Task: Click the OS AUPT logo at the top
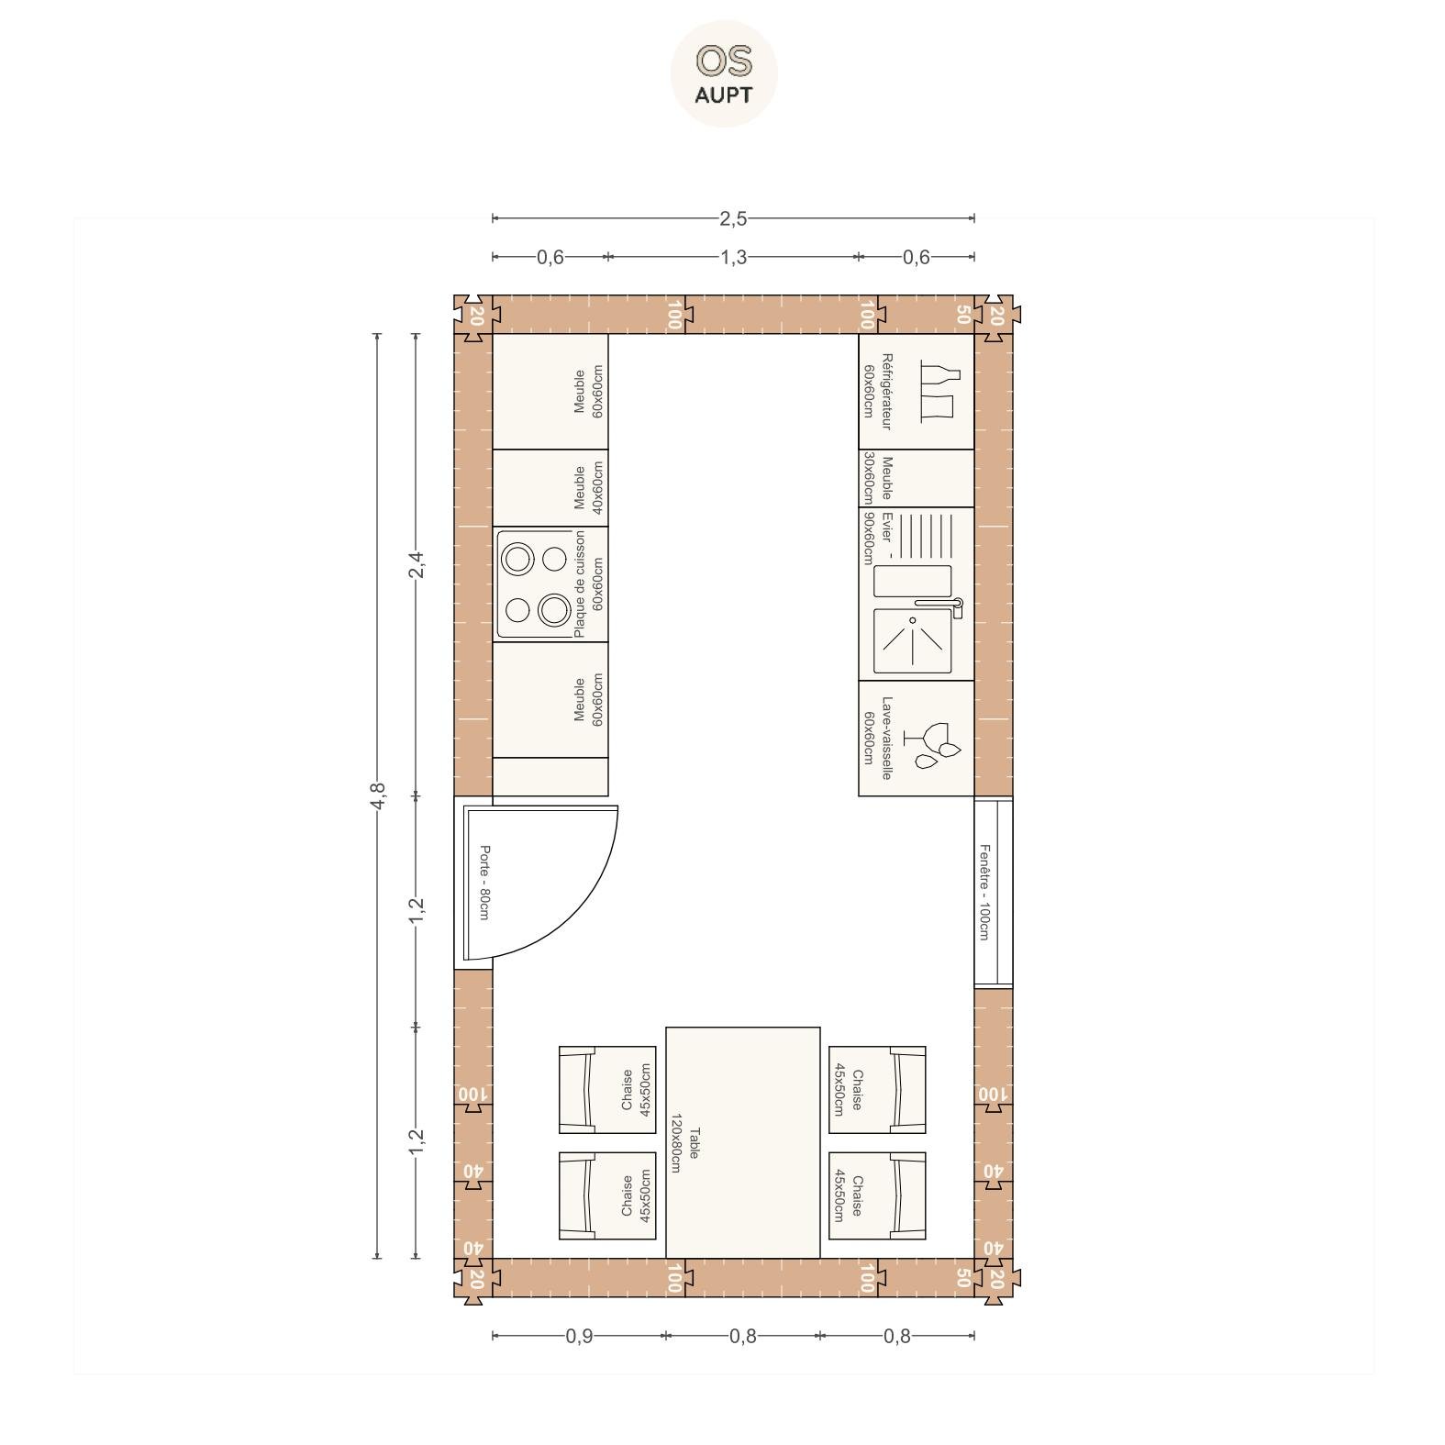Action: pyautogui.click(x=724, y=73)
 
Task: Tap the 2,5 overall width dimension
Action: pyautogui.click(x=733, y=218)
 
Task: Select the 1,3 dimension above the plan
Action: pyautogui.click(x=733, y=257)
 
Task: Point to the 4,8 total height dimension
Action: pyautogui.click(x=377, y=795)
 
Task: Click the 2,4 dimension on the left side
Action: pyautogui.click(x=417, y=564)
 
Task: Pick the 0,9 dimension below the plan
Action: pyautogui.click(x=579, y=1336)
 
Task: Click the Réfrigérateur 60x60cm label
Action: pyautogui.click(x=877, y=392)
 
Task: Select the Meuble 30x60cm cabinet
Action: pyautogui.click(x=917, y=478)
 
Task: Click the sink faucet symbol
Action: pyautogui.click(x=938, y=606)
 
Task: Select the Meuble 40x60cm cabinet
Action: pyautogui.click(x=550, y=488)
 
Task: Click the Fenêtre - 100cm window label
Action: pyautogui.click(x=984, y=892)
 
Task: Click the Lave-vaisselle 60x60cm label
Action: pyautogui.click(x=877, y=739)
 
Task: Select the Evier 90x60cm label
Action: pyautogui.click(x=877, y=538)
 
